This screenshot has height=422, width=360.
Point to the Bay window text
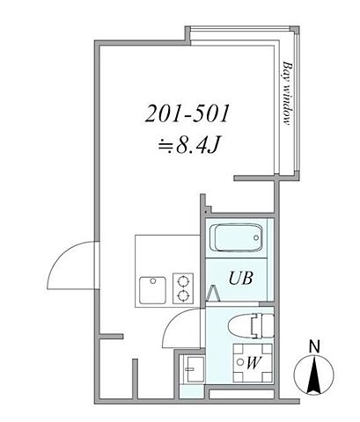tap(287, 97)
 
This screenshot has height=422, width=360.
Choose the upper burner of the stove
tap(183, 279)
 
